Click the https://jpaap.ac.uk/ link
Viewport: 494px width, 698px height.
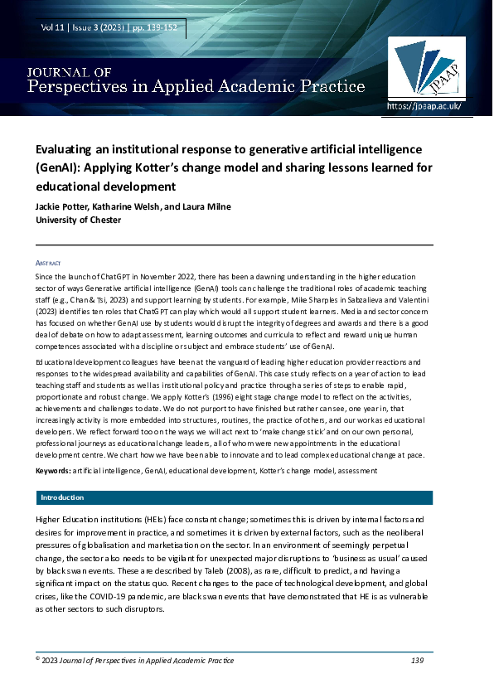(x=424, y=106)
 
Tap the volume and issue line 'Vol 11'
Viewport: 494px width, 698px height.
(x=54, y=28)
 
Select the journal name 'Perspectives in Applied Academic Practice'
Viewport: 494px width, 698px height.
(x=196, y=86)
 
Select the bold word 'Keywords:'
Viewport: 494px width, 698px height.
(x=53, y=471)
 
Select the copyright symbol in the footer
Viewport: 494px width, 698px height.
(x=38, y=659)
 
